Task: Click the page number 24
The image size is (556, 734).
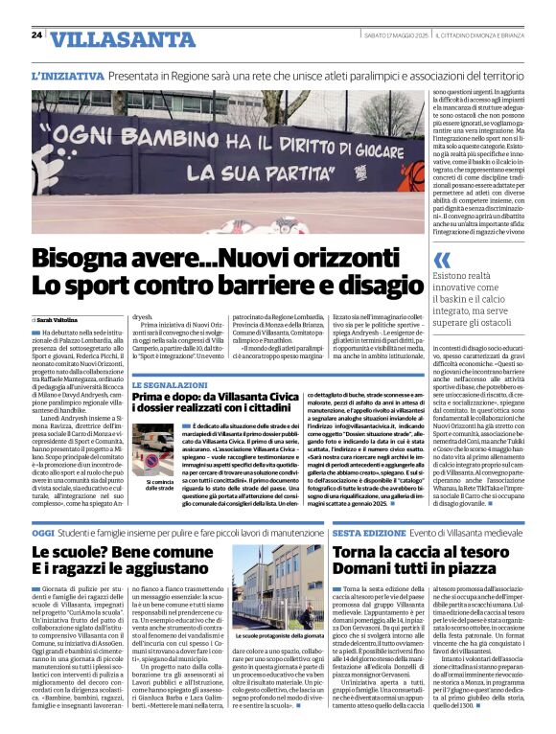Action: tap(36, 35)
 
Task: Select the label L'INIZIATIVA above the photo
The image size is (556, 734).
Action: tap(69, 74)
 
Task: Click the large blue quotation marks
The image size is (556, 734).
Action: tap(442, 261)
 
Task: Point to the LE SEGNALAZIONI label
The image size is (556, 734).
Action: tap(171, 383)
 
